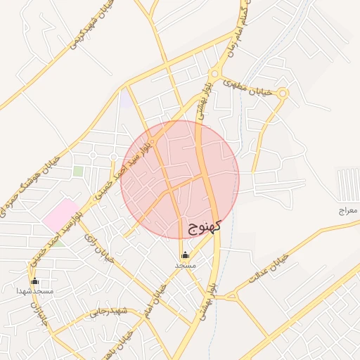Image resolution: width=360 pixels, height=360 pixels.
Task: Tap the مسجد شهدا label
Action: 34,290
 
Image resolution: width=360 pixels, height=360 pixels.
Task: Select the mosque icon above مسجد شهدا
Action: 34,281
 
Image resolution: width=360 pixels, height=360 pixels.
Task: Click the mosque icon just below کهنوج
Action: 185,255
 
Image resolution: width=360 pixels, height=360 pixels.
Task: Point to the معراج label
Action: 347,210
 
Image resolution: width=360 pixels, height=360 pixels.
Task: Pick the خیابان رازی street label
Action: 98,247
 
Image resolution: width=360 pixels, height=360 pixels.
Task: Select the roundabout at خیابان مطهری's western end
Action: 214,74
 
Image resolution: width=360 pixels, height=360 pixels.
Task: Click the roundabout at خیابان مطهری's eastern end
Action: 283,93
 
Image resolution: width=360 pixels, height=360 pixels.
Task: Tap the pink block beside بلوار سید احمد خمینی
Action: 60,214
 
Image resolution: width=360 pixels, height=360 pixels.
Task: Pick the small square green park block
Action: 78,171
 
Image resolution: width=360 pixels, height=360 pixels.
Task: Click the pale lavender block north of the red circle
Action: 126,101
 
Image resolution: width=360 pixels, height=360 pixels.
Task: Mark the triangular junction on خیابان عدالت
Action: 226,296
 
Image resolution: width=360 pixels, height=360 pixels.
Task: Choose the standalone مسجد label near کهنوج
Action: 185,265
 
